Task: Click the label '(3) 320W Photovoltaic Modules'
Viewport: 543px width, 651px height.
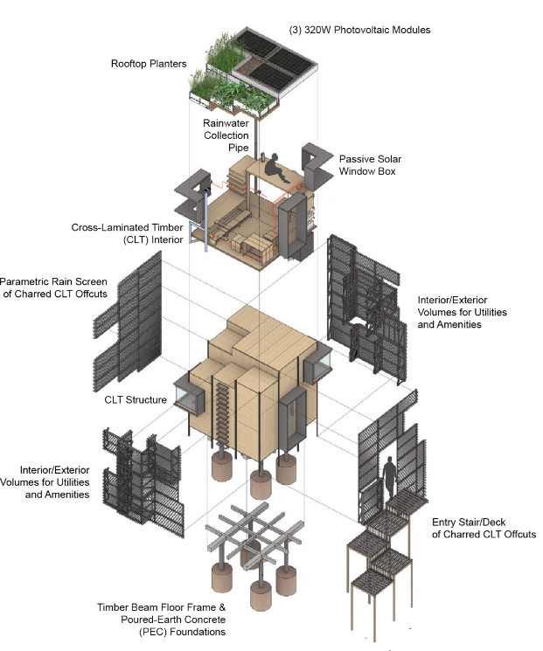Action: pos(359,30)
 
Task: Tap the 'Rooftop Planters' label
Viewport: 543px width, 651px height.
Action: pos(149,64)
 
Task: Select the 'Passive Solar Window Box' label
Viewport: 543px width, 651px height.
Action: pos(370,165)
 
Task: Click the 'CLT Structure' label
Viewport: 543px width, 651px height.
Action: pos(136,399)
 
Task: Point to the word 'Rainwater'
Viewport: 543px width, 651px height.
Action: pos(226,123)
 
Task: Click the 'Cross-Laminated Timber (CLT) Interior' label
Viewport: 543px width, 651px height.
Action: pos(127,233)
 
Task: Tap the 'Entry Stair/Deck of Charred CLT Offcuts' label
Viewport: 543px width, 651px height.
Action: pos(484,528)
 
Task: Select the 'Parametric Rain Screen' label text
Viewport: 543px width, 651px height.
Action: pos(53,281)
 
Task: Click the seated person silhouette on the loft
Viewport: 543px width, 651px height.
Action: pos(276,167)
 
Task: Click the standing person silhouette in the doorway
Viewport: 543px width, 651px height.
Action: pos(389,476)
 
